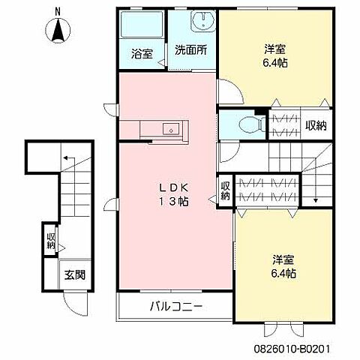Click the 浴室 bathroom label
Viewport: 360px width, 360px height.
[141, 54]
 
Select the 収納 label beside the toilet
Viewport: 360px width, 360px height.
[316, 125]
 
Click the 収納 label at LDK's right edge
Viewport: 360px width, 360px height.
[225, 190]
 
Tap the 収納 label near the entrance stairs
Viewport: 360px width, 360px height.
[50, 241]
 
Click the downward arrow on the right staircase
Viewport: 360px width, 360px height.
[316, 200]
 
